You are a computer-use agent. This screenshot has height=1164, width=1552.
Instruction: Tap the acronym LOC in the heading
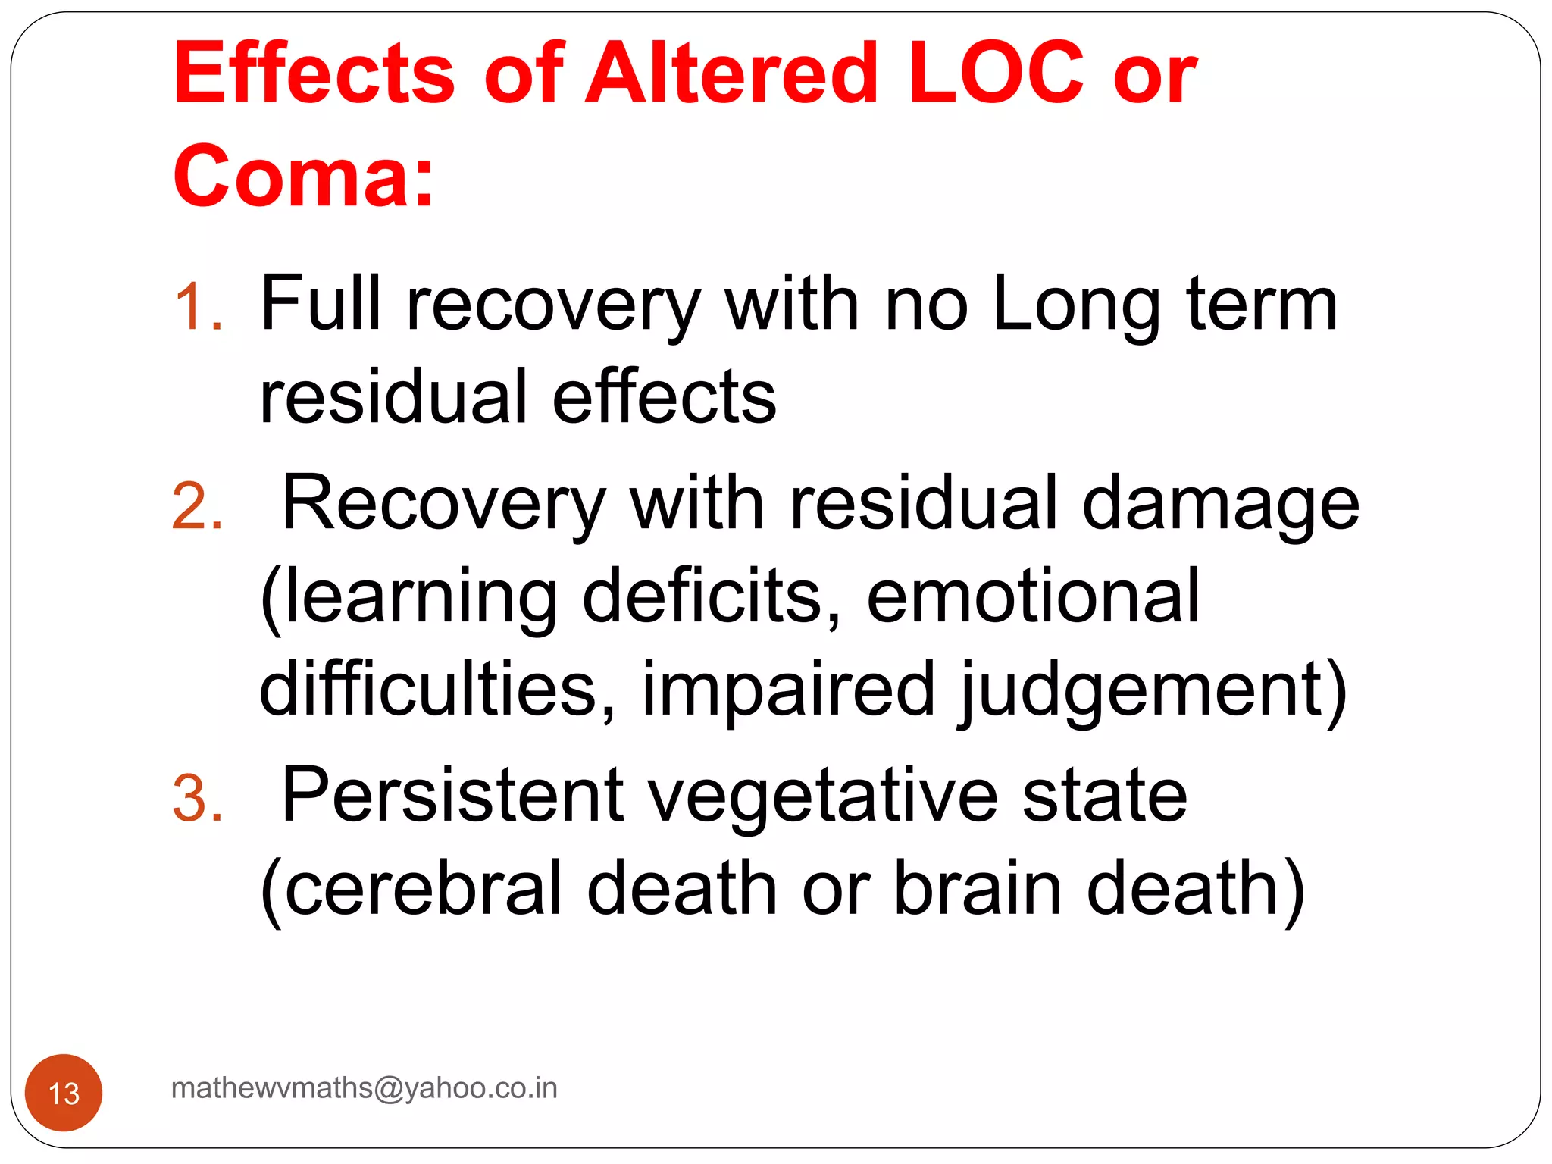pos(996,74)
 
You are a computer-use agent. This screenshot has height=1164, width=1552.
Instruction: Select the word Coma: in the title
pos(303,175)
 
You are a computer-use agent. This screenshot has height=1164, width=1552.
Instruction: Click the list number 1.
pos(197,307)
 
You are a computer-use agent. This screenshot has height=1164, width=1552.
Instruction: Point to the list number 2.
pos(197,505)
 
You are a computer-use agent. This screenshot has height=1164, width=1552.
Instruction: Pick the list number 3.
pos(197,798)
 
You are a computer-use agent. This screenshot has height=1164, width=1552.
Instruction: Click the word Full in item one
pos(321,303)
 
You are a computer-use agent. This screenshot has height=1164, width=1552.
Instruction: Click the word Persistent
pos(452,796)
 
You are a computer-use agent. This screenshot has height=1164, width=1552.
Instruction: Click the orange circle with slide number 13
pos(64,1092)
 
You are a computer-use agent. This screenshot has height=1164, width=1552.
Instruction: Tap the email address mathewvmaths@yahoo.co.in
pos(365,1088)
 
